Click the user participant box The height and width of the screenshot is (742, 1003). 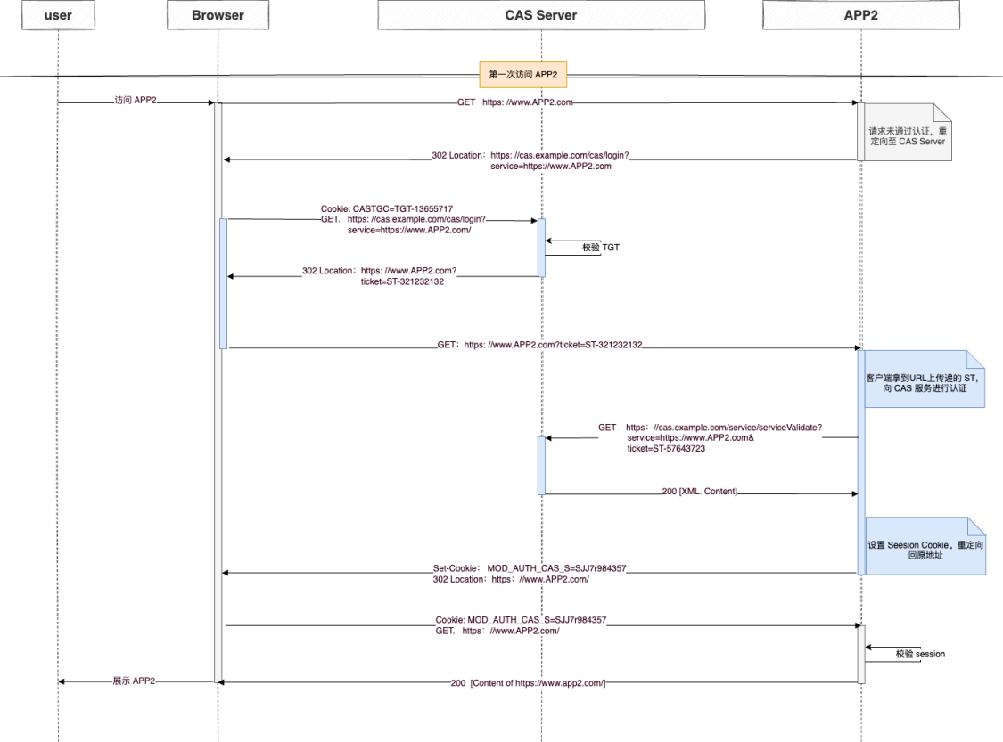(x=58, y=15)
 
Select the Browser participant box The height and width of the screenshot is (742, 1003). (x=218, y=15)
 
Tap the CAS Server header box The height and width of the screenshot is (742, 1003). (x=541, y=15)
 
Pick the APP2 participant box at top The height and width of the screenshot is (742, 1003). (x=861, y=15)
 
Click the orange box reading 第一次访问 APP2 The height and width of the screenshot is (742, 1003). (x=523, y=74)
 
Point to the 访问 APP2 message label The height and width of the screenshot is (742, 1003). (x=135, y=101)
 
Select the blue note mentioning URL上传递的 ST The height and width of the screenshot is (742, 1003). (x=925, y=379)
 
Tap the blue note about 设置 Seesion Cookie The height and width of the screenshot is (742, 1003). (x=925, y=546)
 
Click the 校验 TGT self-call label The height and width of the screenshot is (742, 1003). (x=601, y=248)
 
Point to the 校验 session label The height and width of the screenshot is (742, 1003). (x=920, y=654)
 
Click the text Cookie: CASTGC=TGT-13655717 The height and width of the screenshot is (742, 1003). (x=386, y=209)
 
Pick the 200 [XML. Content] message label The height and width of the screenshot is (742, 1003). (x=699, y=492)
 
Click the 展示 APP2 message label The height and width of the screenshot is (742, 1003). (x=134, y=681)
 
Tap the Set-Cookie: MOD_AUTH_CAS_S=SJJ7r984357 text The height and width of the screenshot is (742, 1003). (x=530, y=568)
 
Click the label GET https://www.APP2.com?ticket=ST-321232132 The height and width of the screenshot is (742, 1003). (x=540, y=345)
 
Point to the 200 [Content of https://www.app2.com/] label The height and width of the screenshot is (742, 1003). (x=528, y=683)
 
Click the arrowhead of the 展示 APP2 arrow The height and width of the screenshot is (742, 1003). (x=61, y=682)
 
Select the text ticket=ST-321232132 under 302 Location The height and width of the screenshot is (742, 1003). (x=402, y=281)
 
